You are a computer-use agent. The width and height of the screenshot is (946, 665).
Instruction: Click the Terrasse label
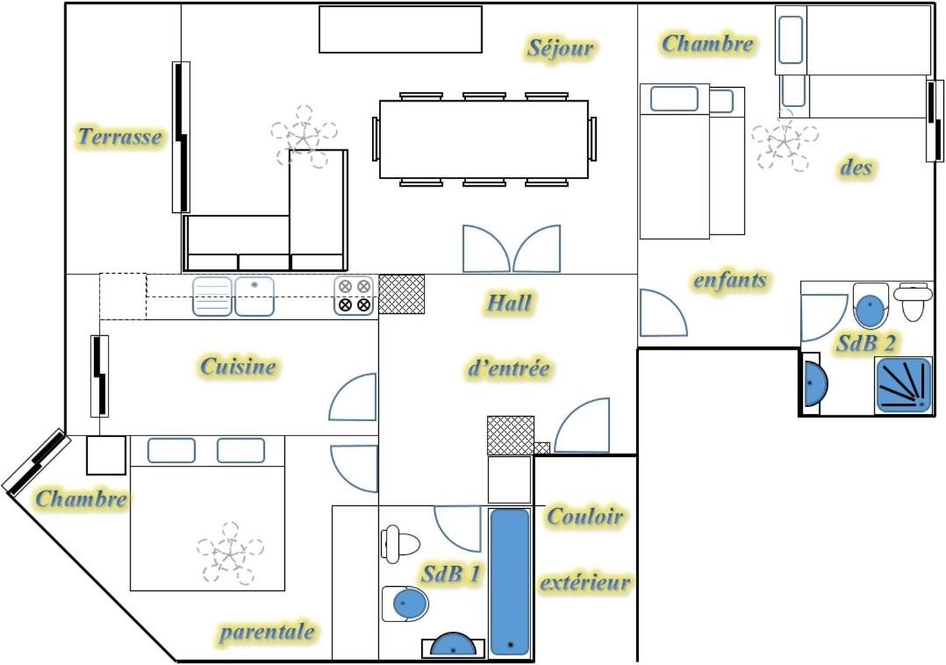(x=120, y=137)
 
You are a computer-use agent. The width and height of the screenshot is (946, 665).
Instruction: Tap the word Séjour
(x=561, y=48)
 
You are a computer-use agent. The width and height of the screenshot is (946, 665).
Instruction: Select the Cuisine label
(x=238, y=366)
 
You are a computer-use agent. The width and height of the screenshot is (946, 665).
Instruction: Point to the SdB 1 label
(x=451, y=574)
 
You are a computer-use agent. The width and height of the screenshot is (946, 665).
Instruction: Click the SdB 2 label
(x=865, y=343)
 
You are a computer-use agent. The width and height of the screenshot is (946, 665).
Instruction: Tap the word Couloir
(x=584, y=516)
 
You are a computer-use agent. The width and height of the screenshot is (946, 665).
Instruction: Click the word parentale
(x=267, y=632)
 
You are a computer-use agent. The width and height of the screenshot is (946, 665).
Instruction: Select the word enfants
(x=730, y=280)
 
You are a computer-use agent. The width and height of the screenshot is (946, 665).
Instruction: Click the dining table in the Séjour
(x=484, y=139)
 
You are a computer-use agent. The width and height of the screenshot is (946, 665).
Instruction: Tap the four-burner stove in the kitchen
(x=355, y=296)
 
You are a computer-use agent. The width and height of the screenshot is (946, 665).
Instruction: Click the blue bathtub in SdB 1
(x=510, y=582)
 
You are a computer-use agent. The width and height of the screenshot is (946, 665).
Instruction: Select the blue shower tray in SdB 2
(x=903, y=385)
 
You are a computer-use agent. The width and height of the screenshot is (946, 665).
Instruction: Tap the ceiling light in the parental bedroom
(x=230, y=552)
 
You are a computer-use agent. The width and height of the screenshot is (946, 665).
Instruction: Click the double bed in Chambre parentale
(x=207, y=513)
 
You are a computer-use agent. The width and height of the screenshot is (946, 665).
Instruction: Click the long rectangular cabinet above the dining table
(x=400, y=30)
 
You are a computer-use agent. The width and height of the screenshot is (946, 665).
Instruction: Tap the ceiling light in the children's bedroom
(x=785, y=141)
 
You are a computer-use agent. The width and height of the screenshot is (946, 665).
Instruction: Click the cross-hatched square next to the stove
(x=401, y=294)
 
